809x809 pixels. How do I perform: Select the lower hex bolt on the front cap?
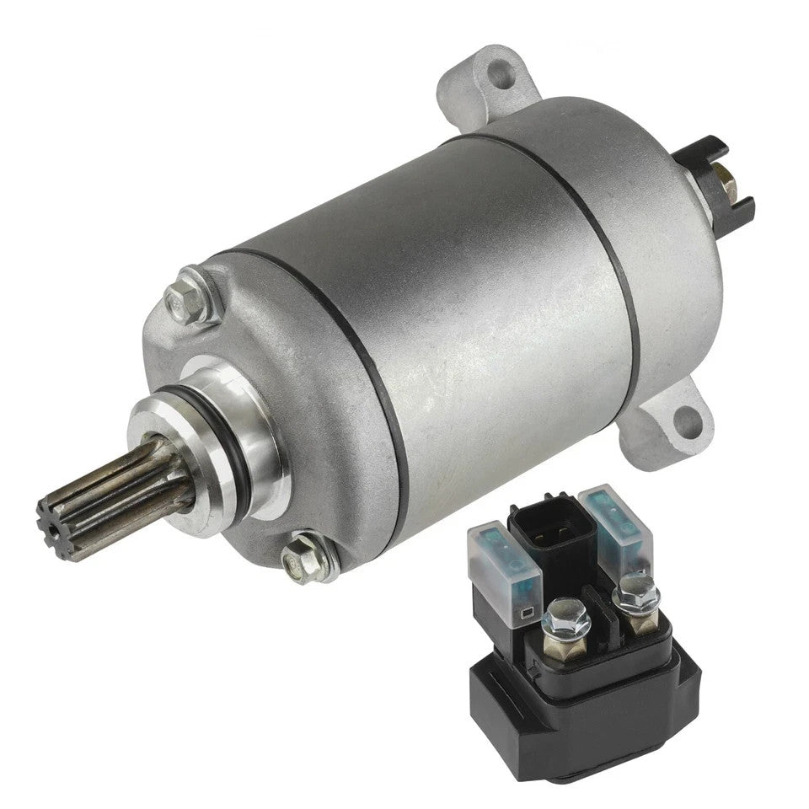[303, 560]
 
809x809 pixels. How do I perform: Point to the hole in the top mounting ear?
[500, 75]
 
